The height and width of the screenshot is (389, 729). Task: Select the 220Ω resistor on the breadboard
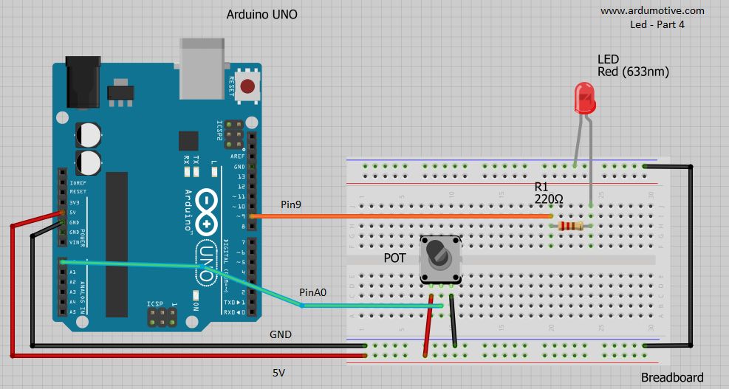(x=572, y=226)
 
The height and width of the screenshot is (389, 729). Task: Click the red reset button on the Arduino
(x=250, y=86)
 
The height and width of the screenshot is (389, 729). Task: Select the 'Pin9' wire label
(x=292, y=203)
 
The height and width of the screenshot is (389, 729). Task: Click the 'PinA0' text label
(x=312, y=292)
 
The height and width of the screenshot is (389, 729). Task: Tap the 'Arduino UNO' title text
(x=261, y=15)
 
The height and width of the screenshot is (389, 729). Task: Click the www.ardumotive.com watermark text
(x=652, y=10)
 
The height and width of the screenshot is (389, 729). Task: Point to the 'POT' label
(x=395, y=258)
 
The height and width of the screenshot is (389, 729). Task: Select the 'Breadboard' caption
(x=671, y=377)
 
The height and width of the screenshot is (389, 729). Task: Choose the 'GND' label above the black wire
(x=280, y=334)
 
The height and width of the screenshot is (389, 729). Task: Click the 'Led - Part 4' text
(x=657, y=24)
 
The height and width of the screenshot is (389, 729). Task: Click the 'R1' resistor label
(x=542, y=187)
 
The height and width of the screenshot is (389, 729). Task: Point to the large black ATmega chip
(x=117, y=244)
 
